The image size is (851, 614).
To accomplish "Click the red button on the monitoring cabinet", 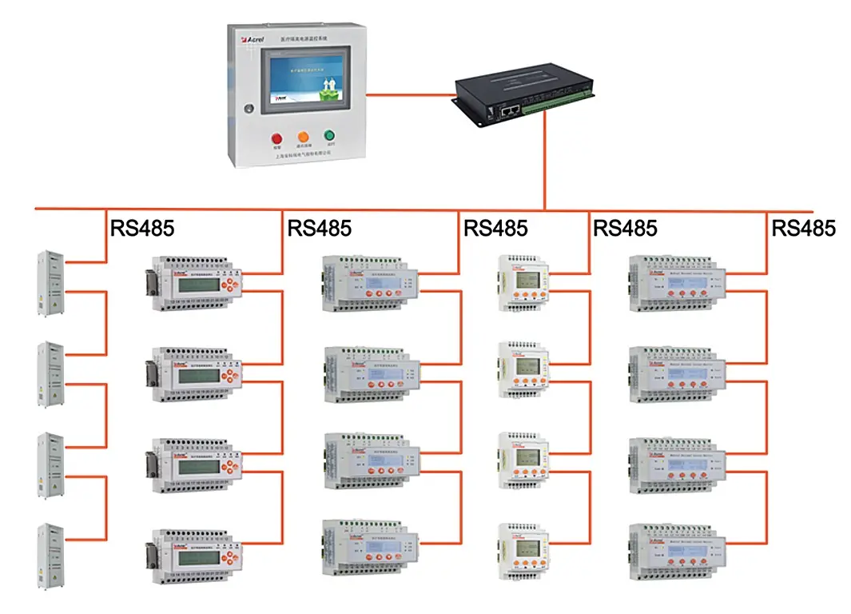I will (278, 136).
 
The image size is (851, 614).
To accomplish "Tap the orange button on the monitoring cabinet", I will (304, 136).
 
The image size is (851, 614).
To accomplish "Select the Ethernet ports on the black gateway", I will (509, 113).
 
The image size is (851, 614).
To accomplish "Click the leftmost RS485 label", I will (141, 228).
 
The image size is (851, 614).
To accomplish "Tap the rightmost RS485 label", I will (803, 228).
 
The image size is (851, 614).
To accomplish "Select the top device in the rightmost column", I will (677, 284).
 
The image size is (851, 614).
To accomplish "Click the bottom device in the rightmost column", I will (677, 552).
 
